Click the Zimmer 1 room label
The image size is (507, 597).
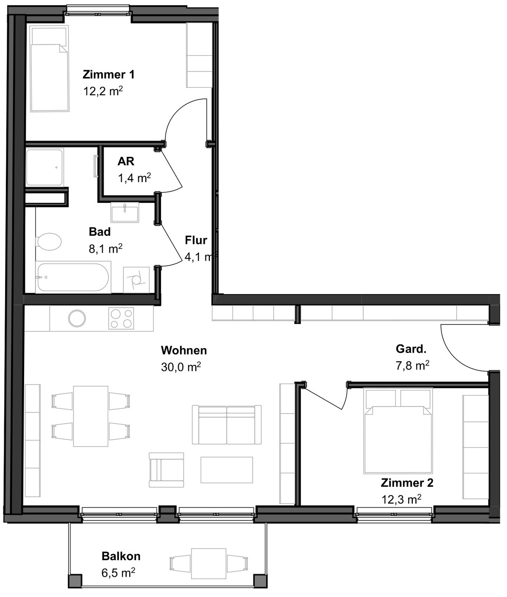coord(108,74)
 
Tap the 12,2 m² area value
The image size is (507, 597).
coord(103,91)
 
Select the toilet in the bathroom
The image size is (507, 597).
coord(48,241)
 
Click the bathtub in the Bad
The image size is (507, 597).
coord(73,277)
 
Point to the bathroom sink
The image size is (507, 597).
coord(125,212)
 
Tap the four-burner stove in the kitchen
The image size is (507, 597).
coord(121,319)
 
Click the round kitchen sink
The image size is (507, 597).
coord(77,318)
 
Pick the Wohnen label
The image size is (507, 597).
coord(184,350)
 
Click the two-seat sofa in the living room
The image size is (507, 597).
coord(227,425)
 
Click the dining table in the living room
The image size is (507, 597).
coord(91,416)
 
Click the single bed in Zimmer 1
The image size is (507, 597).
coord(49,68)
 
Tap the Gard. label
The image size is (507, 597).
coord(411,349)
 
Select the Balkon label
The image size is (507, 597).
coord(121,556)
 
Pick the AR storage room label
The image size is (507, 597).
coord(125,161)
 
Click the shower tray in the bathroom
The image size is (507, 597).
coord(44,167)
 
